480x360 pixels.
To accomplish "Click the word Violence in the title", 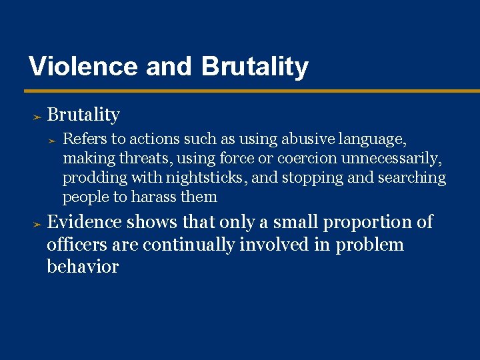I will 83,67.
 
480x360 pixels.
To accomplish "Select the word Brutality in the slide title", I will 255,67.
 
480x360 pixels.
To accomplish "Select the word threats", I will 142,158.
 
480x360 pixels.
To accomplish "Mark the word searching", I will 412,178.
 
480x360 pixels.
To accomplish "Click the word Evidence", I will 85,222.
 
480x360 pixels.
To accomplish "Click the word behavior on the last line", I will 83,267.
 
